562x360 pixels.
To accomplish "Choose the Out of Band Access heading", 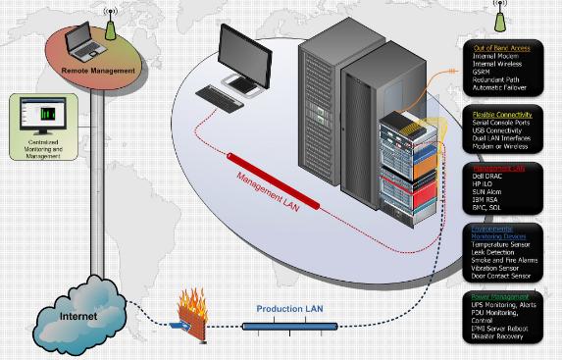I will (502, 47).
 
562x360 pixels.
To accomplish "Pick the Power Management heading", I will (502, 295).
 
